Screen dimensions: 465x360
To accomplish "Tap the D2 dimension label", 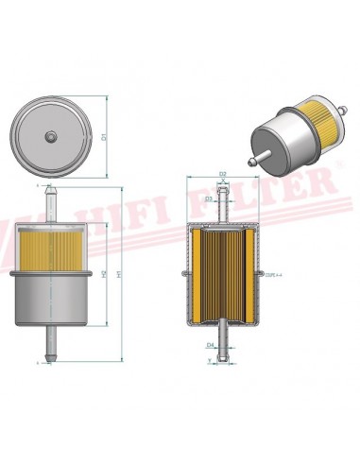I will [223, 174].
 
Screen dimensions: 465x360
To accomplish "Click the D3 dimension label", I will [208, 199].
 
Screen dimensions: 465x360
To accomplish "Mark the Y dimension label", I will [209, 361].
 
